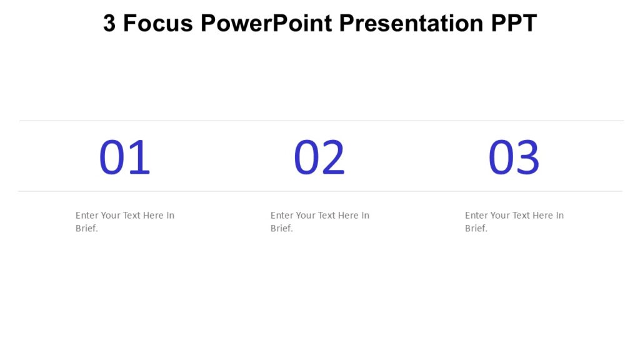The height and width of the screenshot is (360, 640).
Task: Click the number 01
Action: pyautogui.click(x=125, y=157)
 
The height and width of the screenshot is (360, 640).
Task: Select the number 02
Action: pyautogui.click(x=319, y=157)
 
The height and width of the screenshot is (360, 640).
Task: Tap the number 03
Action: pyautogui.click(x=514, y=157)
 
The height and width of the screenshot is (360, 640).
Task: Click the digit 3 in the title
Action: pyautogui.click(x=109, y=24)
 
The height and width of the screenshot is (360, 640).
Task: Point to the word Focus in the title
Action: pyautogui.click(x=158, y=24)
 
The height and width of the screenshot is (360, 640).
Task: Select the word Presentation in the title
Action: pyautogui.click(x=411, y=24)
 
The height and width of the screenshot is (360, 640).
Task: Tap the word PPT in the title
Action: pyautogui.click(x=514, y=24)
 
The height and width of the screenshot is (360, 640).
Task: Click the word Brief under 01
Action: pyautogui.click(x=86, y=228)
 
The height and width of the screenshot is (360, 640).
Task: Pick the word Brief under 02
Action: pyautogui.click(x=281, y=228)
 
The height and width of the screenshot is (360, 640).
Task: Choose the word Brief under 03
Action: pyautogui.click(x=476, y=228)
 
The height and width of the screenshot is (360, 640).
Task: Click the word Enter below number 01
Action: pyautogui.click(x=87, y=215)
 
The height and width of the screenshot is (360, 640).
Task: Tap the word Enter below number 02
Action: pyautogui.click(x=282, y=215)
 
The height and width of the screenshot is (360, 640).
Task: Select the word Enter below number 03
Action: pyautogui.click(x=476, y=215)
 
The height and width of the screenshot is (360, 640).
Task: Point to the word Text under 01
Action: pyautogui.click(x=131, y=215)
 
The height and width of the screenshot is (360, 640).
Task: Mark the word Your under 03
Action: pyautogui.click(x=499, y=215)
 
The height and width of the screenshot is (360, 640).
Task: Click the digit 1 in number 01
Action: pyautogui.click(x=140, y=157)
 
